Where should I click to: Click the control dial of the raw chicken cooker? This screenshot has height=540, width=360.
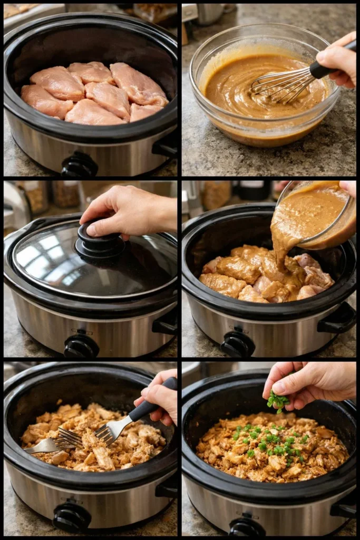(79, 165)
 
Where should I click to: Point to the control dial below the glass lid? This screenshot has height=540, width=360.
(81, 346)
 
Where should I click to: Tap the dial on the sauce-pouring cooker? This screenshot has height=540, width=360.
(237, 344)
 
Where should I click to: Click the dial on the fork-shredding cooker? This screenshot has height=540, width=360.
(72, 517)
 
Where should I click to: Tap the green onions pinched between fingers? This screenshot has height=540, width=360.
(277, 401)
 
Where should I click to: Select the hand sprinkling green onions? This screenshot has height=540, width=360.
(311, 382)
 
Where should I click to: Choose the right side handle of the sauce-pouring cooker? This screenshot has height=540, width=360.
(338, 319)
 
